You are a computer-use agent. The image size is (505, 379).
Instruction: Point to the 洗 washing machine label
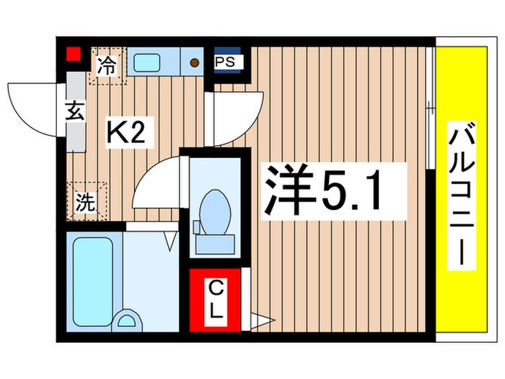click(x=84, y=203)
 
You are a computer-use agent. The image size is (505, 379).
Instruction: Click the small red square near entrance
click(x=71, y=53)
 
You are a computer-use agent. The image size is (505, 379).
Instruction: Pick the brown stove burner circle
click(x=194, y=62)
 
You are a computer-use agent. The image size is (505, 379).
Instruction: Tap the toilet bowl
click(x=214, y=207)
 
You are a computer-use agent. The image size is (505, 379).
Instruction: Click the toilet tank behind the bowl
click(x=214, y=243)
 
